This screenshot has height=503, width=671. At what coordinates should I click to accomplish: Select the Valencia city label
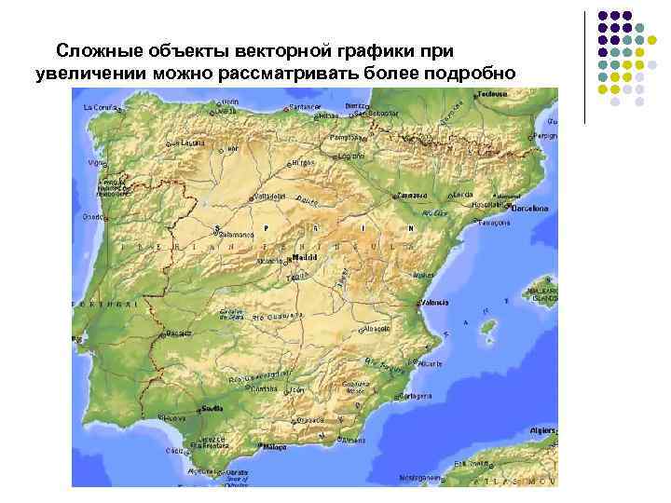(x=434, y=303)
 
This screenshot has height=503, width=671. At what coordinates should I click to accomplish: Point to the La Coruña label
(x=100, y=108)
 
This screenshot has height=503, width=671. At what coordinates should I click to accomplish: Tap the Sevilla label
(x=212, y=407)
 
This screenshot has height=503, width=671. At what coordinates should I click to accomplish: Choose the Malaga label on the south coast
(x=275, y=447)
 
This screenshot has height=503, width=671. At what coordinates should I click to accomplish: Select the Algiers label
(x=541, y=432)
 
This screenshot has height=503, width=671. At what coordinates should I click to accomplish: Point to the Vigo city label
(x=96, y=162)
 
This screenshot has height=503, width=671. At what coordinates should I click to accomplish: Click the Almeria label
(x=353, y=439)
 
